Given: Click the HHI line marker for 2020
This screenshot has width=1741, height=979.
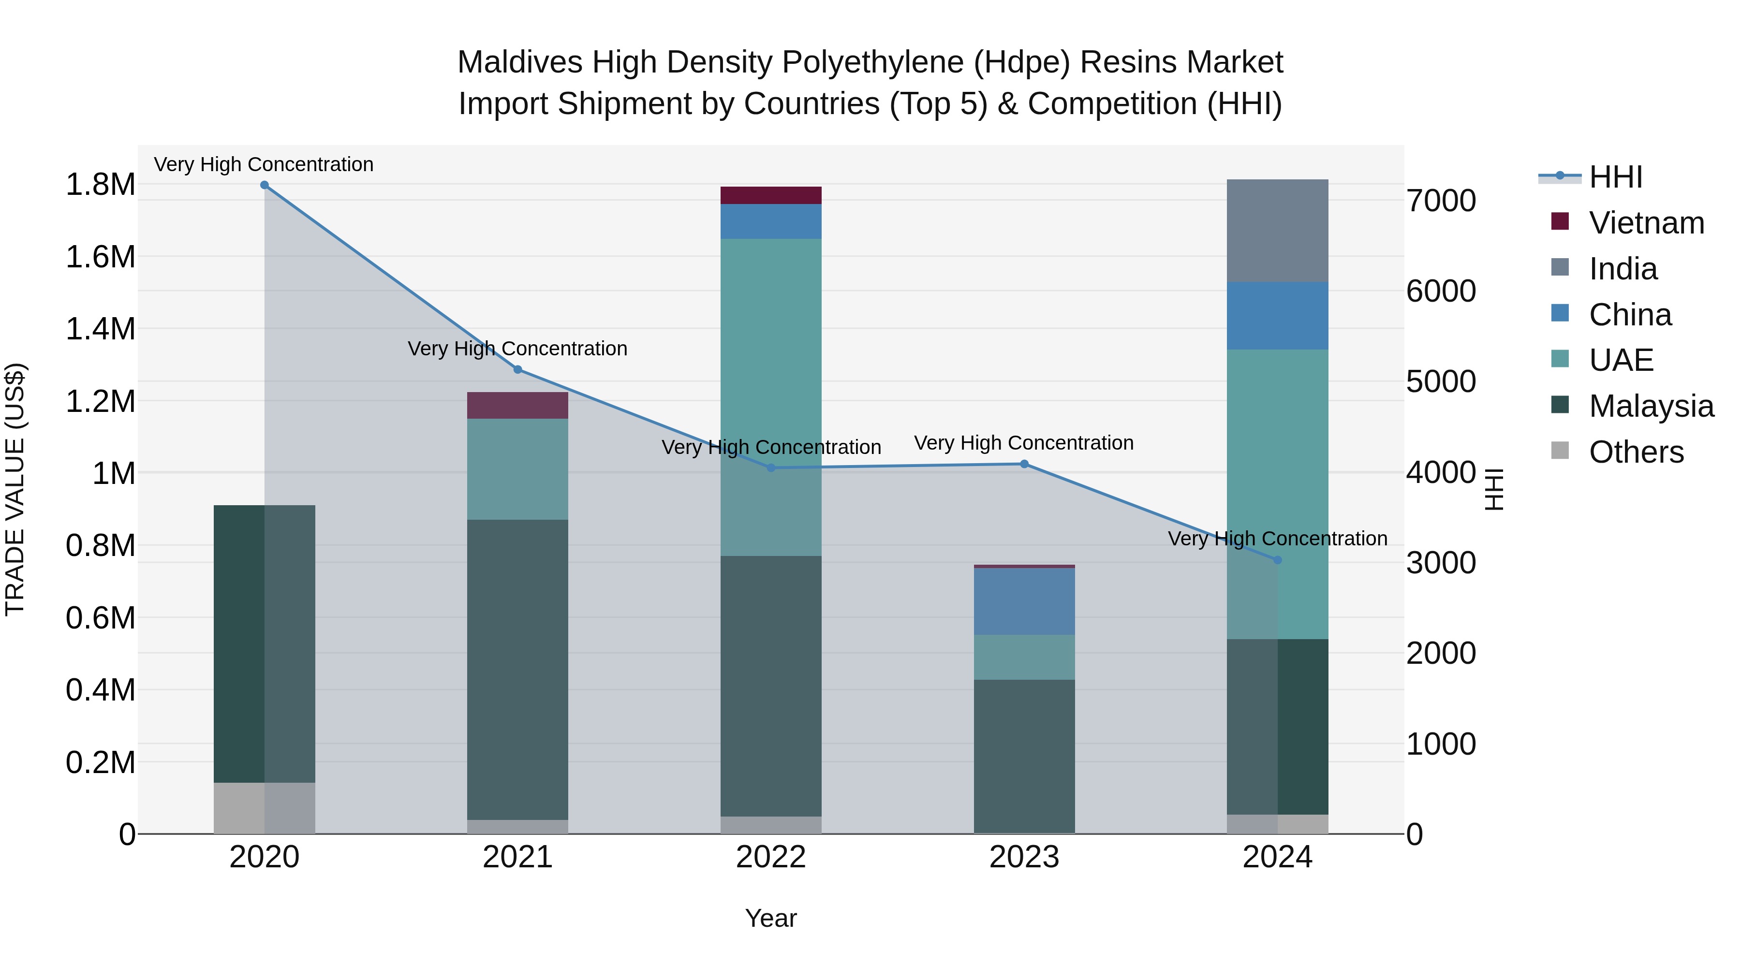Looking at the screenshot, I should click(264, 185).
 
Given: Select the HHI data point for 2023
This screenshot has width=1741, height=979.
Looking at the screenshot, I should click(1024, 464).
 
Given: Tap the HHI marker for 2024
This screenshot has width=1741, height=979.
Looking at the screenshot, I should click(1277, 560).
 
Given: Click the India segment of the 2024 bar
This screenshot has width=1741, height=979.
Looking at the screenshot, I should click(1277, 231).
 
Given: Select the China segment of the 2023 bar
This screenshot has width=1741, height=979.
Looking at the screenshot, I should click(1024, 601).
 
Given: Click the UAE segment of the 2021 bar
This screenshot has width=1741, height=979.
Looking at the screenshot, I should click(517, 469).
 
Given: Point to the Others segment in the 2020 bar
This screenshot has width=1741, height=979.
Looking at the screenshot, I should click(264, 808).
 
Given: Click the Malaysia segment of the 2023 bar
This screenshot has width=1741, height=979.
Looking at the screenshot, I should click(1024, 757).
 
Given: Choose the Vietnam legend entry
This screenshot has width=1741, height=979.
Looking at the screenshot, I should click(1646, 223).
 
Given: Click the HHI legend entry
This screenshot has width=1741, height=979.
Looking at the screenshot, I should click(1615, 177).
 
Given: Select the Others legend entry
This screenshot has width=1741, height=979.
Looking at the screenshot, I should click(1636, 452).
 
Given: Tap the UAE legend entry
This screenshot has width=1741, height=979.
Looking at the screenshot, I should click(1621, 360).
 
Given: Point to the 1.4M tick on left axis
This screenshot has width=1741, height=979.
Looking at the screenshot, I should click(100, 329).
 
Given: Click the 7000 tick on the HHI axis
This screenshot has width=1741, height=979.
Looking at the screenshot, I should click(1441, 201).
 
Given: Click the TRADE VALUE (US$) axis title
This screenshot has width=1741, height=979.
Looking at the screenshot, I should click(15, 489).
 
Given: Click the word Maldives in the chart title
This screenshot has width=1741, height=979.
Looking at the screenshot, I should click(519, 62).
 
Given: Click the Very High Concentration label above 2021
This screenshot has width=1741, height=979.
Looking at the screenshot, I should click(517, 349).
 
